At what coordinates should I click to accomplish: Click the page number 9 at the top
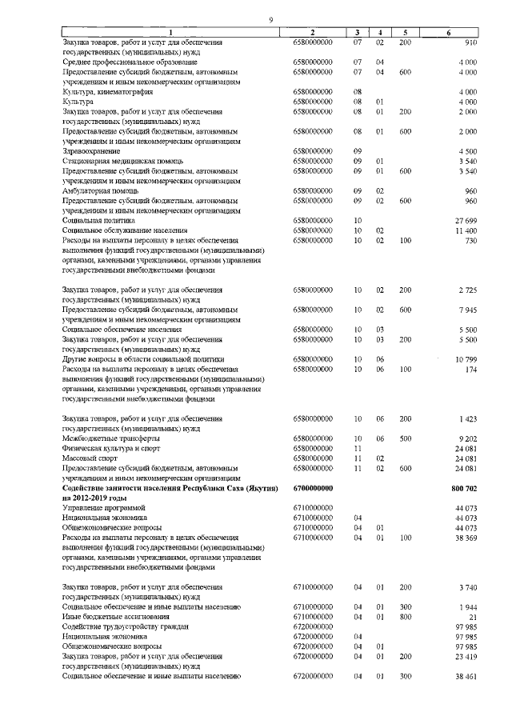(271, 19)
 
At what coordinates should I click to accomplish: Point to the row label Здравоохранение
(92, 150)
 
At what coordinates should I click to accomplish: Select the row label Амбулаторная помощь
(98, 190)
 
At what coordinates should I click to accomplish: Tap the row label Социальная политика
(99, 219)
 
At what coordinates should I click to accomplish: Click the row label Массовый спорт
(90, 458)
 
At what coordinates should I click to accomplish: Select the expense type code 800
(405, 616)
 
